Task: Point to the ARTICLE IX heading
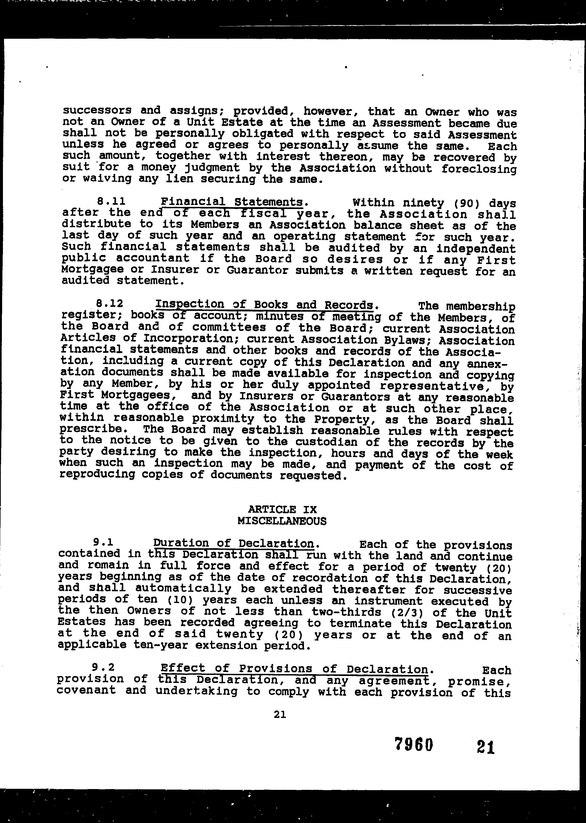point(282,509)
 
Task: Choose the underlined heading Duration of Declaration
point(233,543)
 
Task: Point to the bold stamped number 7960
point(414,744)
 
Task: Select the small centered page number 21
point(280,714)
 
